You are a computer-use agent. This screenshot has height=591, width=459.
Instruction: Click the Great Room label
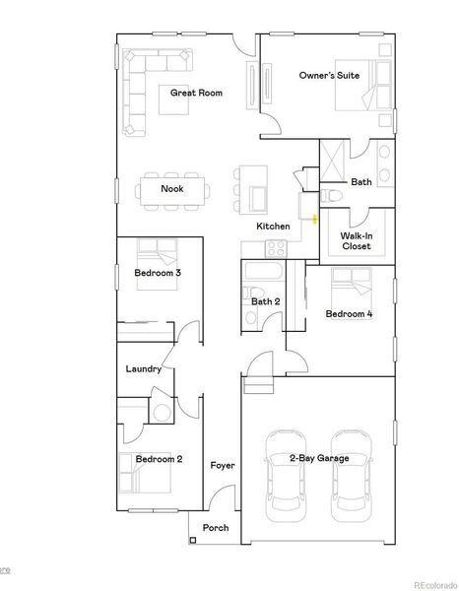[196, 94]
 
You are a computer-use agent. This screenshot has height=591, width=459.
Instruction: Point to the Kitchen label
[273, 227]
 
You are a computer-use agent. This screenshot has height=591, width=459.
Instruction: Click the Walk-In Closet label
[356, 241]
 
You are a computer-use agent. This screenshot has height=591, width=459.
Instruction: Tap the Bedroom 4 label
[349, 314]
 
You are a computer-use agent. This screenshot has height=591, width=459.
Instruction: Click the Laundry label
[143, 369]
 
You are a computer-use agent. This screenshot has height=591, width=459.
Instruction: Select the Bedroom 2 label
[159, 459]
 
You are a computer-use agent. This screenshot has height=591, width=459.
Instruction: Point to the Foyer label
[223, 465]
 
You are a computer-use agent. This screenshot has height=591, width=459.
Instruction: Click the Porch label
[216, 528]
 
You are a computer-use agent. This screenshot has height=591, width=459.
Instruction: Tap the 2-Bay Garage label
[317, 458]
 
